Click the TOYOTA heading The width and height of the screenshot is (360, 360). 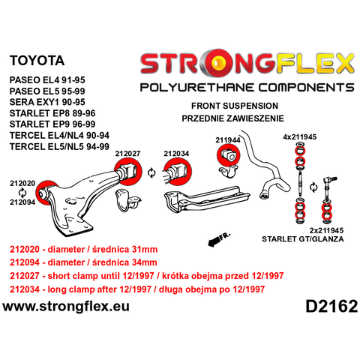click(x=37, y=61)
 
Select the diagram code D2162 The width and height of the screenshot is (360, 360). click(x=331, y=306)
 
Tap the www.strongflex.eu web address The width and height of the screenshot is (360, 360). click(x=66, y=307)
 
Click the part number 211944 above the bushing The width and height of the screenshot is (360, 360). click(x=228, y=140)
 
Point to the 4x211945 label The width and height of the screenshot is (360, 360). click(x=300, y=137)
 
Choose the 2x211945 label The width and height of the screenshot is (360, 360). click(x=326, y=230)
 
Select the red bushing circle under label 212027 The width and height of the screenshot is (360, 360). click(x=127, y=172)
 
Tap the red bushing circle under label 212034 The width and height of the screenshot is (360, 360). click(x=177, y=172)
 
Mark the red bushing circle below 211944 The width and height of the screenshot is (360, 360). click(x=229, y=155)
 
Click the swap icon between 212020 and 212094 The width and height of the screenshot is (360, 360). click(x=22, y=193)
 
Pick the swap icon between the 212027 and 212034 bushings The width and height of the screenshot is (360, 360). click(x=151, y=173)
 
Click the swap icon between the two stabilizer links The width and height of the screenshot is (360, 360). click(x=313, y=187)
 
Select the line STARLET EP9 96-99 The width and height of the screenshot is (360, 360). click(x=52, y=124)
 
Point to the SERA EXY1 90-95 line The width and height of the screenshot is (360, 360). click(x=47, y=102)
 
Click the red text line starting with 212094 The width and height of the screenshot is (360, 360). click(x=83, y=262)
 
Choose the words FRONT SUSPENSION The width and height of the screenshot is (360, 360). click(x=235, y=106)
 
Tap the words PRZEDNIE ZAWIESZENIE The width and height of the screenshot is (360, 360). click(x=232, y=118)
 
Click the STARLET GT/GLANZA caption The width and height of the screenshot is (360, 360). click(x=303, y=239)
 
